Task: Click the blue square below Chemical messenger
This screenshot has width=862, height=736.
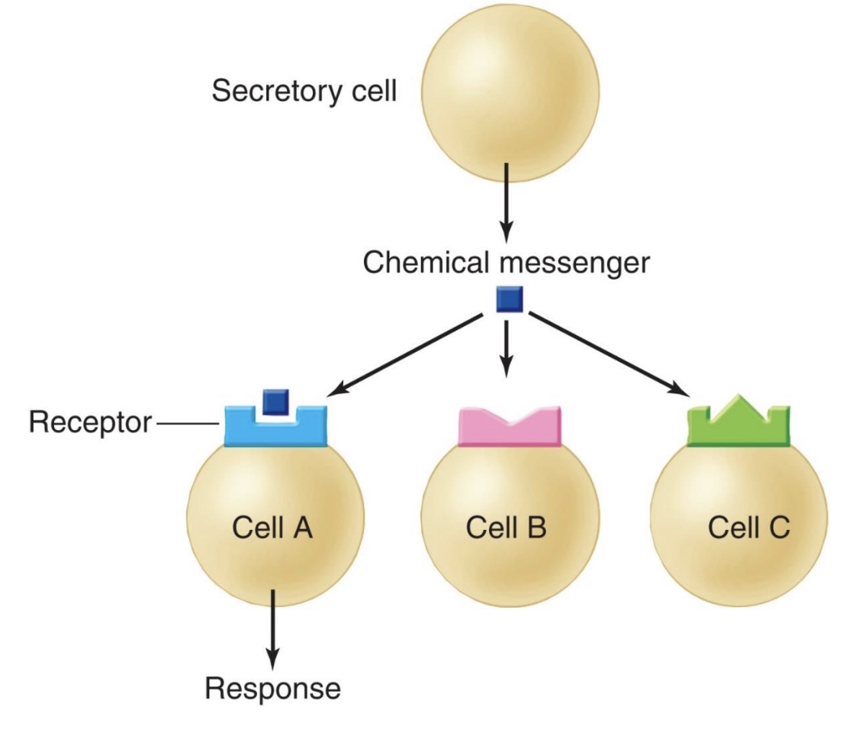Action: [509, 299]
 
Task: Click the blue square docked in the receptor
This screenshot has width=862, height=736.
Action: [273, 402]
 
